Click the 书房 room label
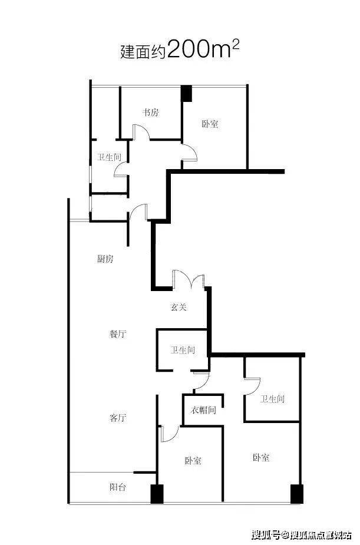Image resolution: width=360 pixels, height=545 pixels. coord(150,113)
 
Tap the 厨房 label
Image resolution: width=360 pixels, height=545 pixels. coord(105,259)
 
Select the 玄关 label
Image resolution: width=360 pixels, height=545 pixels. coord(179,307)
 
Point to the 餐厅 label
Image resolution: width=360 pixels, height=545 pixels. coord(118,334)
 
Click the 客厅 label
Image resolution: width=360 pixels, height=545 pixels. coord(118,417)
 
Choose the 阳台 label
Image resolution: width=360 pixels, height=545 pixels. coord(118,487)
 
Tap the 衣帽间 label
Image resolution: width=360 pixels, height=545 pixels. coord(203,410)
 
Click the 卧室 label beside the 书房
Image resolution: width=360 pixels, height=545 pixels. coord(210,124)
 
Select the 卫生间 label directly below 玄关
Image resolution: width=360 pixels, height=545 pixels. coord(183,349)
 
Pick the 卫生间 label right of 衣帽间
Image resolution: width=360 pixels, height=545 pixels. coord(272,399)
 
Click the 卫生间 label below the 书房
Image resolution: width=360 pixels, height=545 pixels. coord(109,157)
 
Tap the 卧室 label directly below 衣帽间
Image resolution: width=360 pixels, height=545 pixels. coord(193,461)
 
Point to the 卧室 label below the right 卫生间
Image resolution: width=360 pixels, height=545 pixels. coord(261,457)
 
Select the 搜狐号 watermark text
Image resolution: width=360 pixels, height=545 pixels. coord(266,534)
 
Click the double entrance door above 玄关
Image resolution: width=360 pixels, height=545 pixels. coord(189,279)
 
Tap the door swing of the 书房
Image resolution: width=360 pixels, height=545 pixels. coord(141,132)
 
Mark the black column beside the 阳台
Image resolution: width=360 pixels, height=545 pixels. coord(157,494)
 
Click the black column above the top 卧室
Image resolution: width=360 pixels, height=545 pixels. coord(187,94)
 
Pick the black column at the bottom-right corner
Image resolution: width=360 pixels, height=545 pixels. coord(297,494)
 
